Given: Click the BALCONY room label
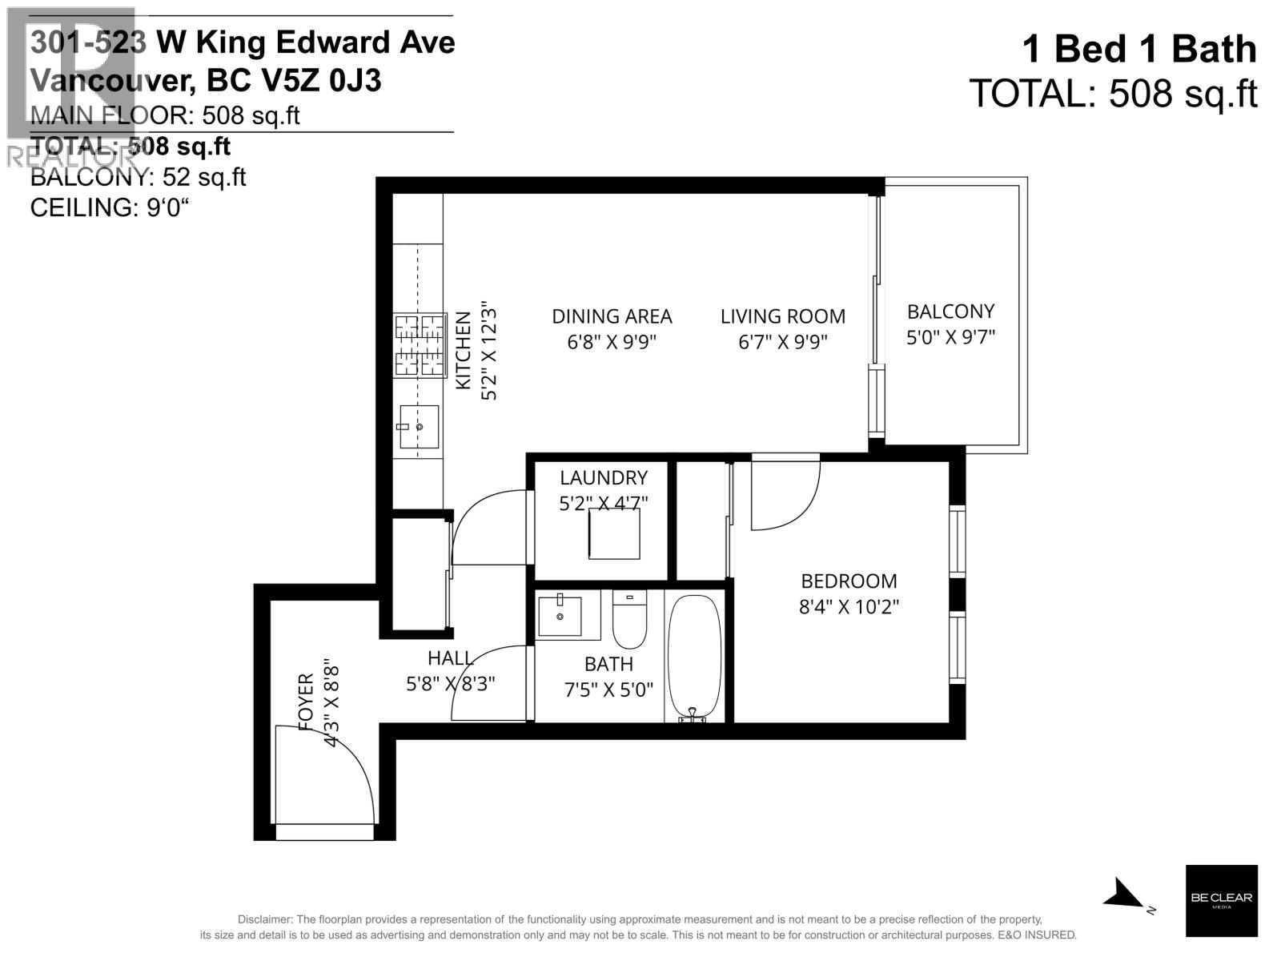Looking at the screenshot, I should click(x=950, y=311).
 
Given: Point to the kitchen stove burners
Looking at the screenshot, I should click(x=420, y=345).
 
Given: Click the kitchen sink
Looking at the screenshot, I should click(x=419, y=427).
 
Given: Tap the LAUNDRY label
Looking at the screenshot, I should click(x=603, y=478).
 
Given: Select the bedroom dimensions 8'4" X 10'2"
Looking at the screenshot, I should click(x=849, y=606).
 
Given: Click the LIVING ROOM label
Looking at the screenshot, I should click(x=782, y=316).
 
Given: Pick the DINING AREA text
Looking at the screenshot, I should click(x=612, y=316).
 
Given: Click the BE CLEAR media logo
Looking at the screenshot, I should click(x=1221, y=900).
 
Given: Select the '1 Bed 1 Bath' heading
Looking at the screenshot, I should click(x=1139, y=50).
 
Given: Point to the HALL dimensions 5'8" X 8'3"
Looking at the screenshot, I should click(x=451, y=684).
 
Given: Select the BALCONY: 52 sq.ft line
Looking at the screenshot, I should click(x=138, y=177).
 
